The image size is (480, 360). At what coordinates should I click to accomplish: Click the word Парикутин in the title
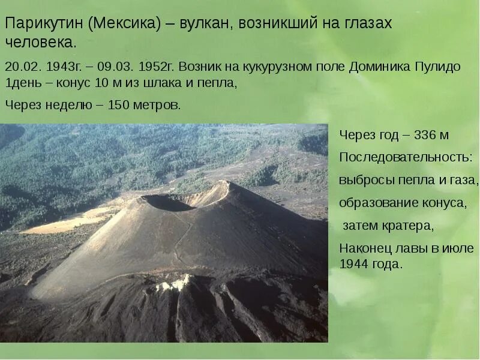tap(43, 23)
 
